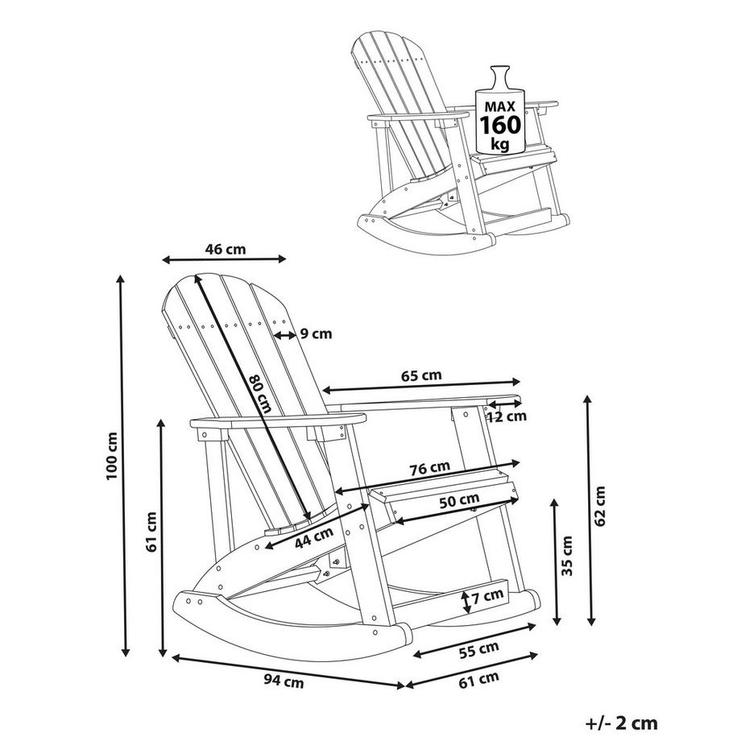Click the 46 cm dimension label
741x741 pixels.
point(225,249)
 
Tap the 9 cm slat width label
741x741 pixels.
point(316,333)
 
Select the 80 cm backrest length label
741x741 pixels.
point(257,395)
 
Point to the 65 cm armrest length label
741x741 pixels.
point(420,375)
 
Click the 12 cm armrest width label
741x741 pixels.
point(507,416)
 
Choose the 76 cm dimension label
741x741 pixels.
point(429,467)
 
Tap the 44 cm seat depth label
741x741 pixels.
point(313,536)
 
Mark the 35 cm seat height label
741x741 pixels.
point(567,556)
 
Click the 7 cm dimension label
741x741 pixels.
point(493,596)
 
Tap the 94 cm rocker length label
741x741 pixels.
point(284,682)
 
